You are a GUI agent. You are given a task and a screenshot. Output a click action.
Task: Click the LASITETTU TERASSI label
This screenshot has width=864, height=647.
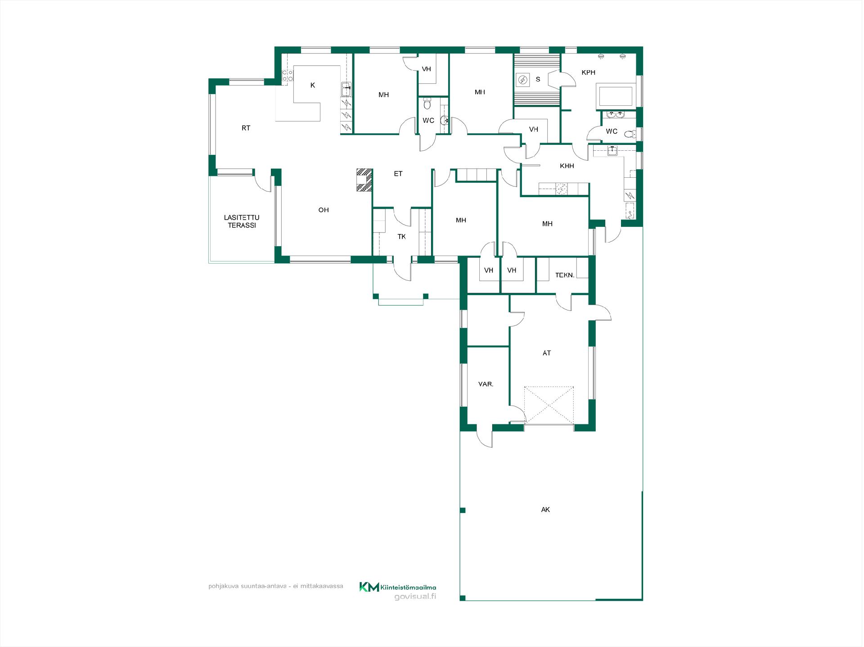point(242,221)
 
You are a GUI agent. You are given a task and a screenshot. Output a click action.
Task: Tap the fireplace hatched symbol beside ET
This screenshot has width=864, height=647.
point(364,180)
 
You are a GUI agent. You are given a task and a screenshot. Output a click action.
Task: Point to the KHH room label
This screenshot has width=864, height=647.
point(567,166)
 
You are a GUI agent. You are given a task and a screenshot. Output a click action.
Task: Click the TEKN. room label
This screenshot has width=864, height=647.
point(565,275)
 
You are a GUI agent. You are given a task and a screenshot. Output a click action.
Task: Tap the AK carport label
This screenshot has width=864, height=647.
point(545,510)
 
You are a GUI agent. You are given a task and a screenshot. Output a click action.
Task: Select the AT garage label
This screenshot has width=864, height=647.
point(547,353)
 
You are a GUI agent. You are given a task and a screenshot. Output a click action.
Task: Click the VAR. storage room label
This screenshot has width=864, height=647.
point(486,384)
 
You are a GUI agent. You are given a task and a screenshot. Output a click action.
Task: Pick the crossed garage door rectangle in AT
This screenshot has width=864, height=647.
point(549,405)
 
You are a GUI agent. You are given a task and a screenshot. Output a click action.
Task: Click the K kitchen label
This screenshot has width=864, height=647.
point(313,85)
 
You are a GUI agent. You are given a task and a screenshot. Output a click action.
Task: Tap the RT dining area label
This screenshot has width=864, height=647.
point(246,128)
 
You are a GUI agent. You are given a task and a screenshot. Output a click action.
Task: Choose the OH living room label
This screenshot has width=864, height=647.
point(324,210)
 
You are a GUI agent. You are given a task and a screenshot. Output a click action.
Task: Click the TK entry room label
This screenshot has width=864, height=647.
point(401,237)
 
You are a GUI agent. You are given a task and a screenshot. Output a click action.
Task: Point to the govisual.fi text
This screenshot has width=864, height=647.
point(415,597)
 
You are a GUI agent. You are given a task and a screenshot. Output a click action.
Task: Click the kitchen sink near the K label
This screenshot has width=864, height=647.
point(346,90)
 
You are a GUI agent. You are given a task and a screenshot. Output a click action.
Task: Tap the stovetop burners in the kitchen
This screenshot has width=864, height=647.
point(287,76)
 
